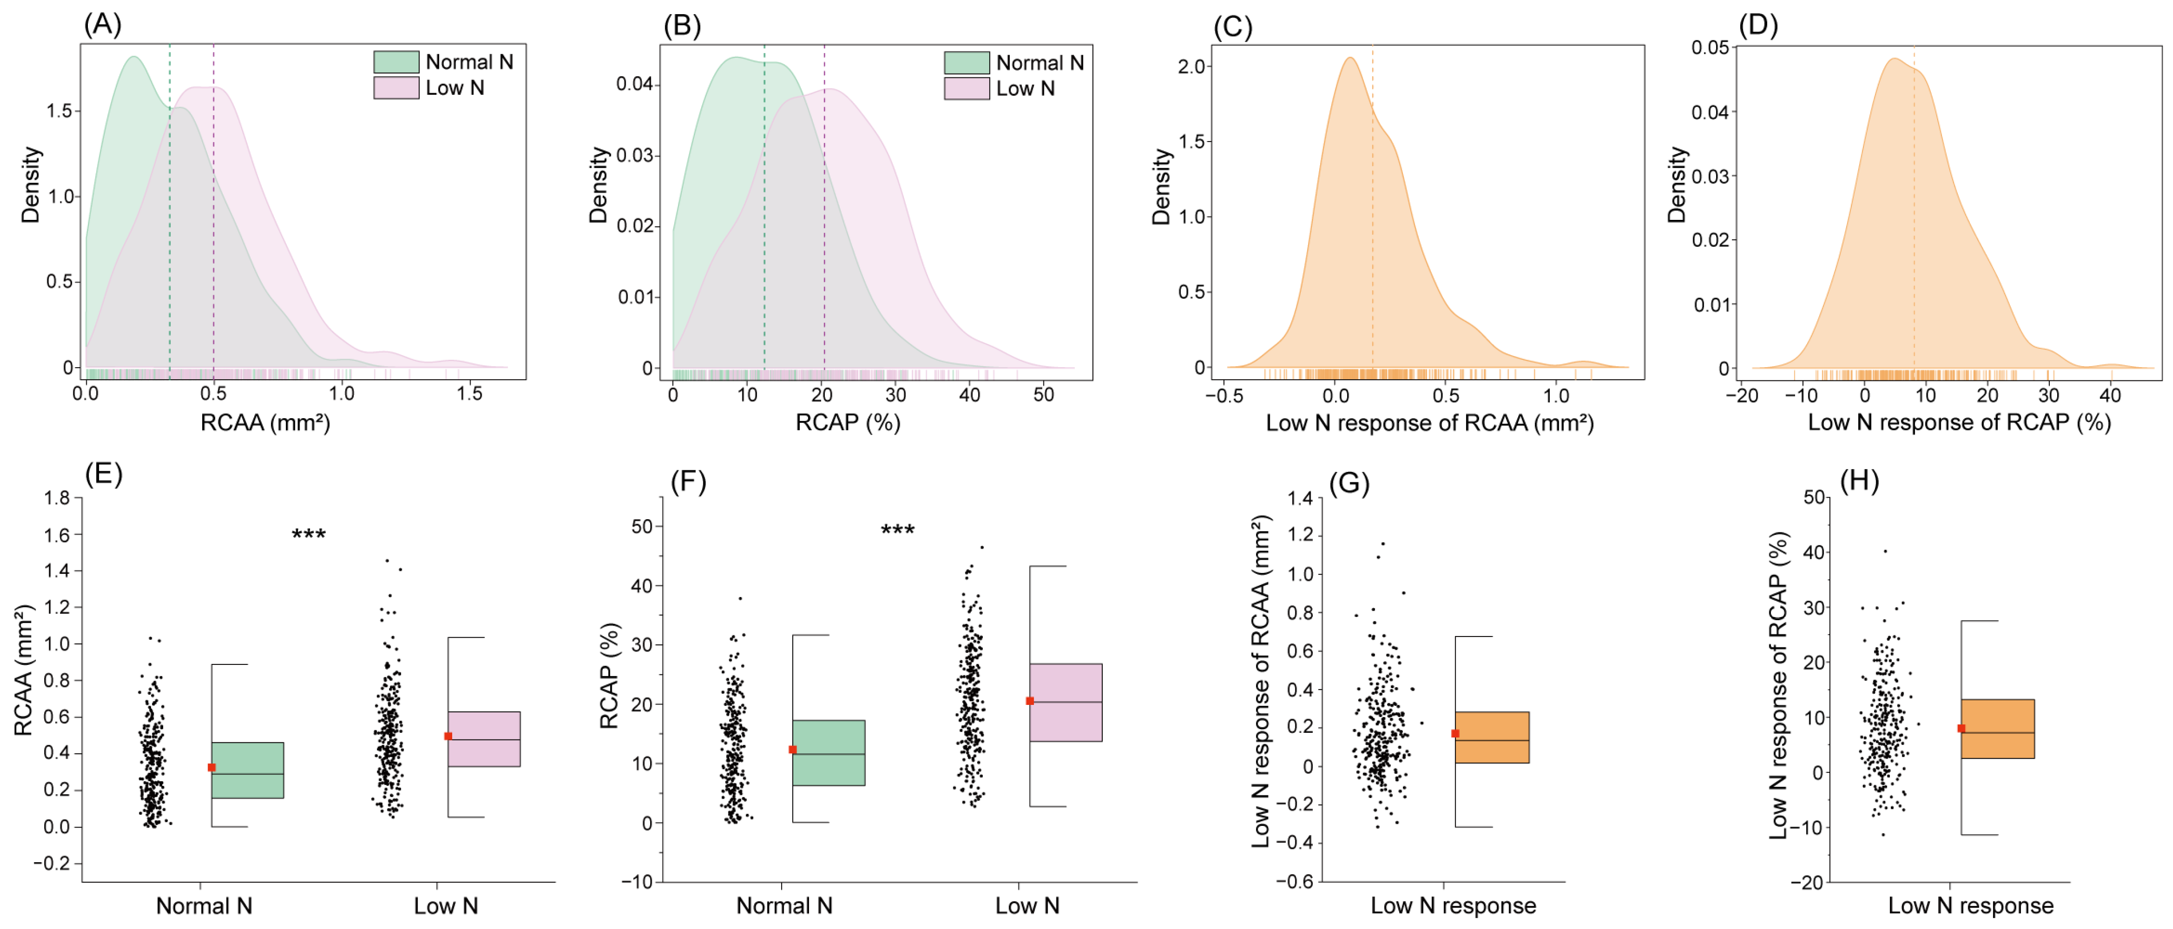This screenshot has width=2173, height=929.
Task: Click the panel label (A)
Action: pyautogui.click(x=102, y=25)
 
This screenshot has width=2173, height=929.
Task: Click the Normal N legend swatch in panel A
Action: pyautogui.click(x=396, y=62)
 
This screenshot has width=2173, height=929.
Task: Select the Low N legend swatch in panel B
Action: pyautogui.click(x=966, y=88)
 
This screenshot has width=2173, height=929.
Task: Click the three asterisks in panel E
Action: pyautogui.click(x=309, y=534)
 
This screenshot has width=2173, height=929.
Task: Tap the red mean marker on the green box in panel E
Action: pyautogui.click(x=212, y=767)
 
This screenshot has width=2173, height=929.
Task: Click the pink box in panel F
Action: pyautogui.click(x=1065, y=702)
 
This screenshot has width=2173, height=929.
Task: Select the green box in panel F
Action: pyautogui.click(x=829, y=753)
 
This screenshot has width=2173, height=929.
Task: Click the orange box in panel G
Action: pyautogui.click(x=1491, y=738)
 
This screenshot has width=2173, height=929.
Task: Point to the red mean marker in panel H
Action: pyautogui.click(x=1961, y=729)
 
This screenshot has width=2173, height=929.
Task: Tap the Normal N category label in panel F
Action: pyautogui.click(x=784, y=906)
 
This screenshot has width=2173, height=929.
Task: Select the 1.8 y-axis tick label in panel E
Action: pyautogui.click(x=57, y=498)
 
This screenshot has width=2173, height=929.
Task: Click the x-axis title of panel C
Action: pyautogui.click(x=1429, y=422)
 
